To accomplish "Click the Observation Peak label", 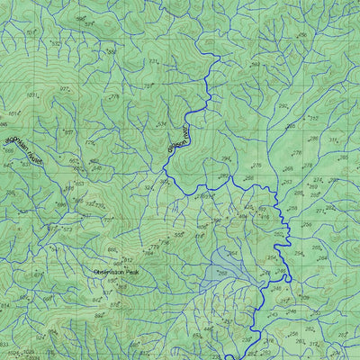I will tap(117, 271).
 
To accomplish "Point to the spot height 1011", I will tap(32, 94).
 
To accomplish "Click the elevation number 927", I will tap(64, 90).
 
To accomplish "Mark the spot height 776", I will tap(113, 96).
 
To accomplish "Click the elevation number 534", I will tap(162, 123).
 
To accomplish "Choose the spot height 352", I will tap(313, 118).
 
